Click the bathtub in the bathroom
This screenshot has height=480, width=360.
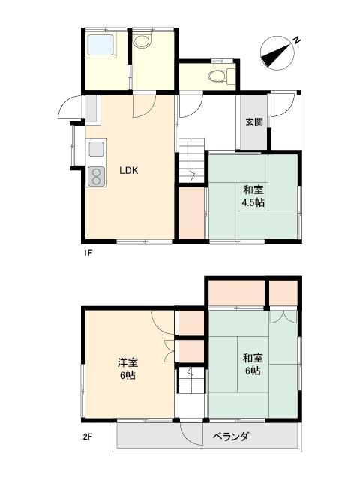tap(101, 45)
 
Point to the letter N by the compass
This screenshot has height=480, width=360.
tap(296, 40)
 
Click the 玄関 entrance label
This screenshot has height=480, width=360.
tap(254, 122)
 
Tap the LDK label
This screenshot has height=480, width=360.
tap(129, 171)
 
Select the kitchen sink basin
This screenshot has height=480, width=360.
tap(97, 150)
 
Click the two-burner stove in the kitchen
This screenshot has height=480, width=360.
tap(97, 177)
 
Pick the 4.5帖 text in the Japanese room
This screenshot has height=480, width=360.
tap(253, 203)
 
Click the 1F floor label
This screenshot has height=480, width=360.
tap(87, 253)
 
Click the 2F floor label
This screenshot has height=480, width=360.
tap(87, 436)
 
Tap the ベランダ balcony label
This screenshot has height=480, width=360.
tap(231, 436)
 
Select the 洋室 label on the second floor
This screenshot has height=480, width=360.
tap(128, 362)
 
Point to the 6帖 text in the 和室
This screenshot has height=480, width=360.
tap(253, 371)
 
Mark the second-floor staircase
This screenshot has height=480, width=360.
tap(192, 380)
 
